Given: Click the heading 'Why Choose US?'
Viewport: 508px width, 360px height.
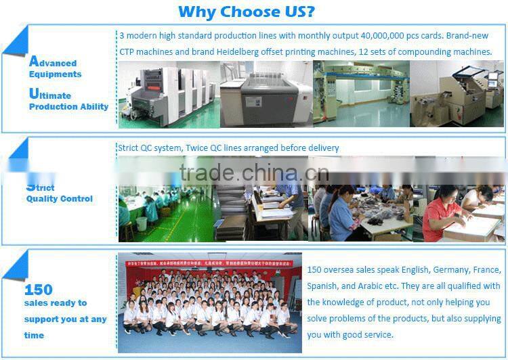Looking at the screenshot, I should [x=246, y=12].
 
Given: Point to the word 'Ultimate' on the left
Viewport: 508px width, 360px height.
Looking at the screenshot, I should [x=50, y=95].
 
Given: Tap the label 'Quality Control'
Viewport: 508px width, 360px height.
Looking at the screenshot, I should [x=60, y=199].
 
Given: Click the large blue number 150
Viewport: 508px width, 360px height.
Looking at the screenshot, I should [x=38, y=290].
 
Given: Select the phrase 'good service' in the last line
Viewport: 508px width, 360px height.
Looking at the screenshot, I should [x=368, y=334].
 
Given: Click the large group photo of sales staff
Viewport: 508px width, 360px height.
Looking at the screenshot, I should [x=210, y=303].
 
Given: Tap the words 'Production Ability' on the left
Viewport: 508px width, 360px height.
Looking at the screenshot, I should [x=68, y=107].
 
